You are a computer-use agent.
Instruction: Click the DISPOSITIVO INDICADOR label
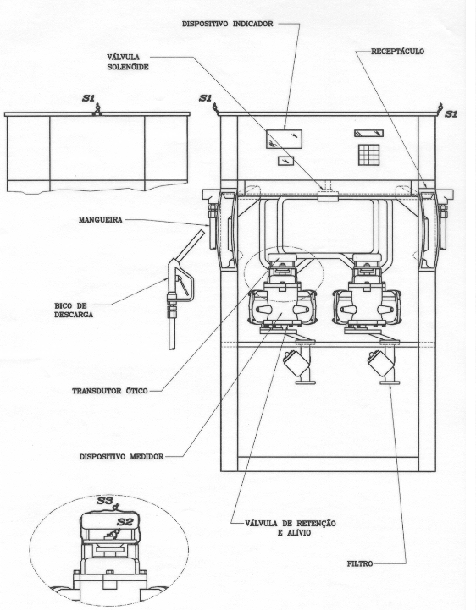(x=228, y=24)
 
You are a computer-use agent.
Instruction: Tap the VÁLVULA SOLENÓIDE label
(x=128, y=62)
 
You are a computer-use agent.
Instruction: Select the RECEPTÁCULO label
(x=397, y=52)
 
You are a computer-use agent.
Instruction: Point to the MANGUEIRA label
(x=101, y=220)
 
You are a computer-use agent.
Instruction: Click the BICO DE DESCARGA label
(x=74, y=310)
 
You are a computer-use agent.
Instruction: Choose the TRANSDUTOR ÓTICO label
(x=110, y=391)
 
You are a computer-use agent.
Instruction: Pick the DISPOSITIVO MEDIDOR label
(x=121, y=456)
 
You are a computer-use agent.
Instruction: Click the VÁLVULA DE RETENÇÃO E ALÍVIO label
(x=291, y=528)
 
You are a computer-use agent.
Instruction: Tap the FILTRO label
(x=360, y=563)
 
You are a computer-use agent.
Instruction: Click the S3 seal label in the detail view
(x=105, y=501)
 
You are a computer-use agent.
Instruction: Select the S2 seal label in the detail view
(x=125, y=522)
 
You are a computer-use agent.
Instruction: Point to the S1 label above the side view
(x=88, y=98)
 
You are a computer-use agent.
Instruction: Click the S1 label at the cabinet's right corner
(x=451, y=114)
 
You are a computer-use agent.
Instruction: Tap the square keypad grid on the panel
(x=368, y=155)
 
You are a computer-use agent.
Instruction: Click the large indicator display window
(x=284, y=140)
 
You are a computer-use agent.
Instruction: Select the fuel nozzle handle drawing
(x=180, y=281)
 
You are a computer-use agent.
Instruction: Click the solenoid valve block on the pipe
(x=328, y=196)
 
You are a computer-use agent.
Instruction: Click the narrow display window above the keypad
(x=369, y=134)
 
